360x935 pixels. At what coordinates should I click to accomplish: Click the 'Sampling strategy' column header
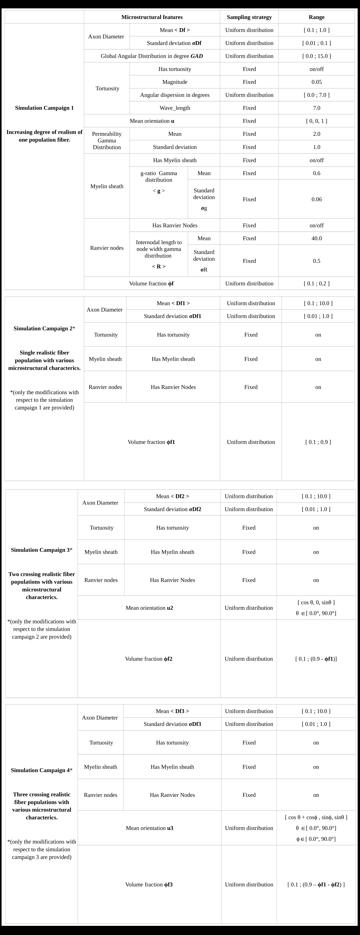point(249,17)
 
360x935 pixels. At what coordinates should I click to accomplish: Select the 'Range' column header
point(317,17)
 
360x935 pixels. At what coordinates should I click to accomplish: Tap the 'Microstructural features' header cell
point(152,17)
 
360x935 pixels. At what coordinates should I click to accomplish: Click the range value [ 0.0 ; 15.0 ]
point(317,56)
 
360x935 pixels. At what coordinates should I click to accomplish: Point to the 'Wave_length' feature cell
point(175,108)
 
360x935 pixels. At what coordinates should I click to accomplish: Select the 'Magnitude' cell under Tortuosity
point(175,82)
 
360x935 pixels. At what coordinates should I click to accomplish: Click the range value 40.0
point(317,238)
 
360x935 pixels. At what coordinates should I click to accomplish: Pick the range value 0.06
point(317,199)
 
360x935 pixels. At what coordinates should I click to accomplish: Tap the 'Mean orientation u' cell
point(152,121)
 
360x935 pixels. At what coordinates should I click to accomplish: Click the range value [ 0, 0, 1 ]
point(317,121)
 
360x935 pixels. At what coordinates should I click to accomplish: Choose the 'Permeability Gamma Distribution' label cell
point(107,141)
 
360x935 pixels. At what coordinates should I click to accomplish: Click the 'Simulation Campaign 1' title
point(44,108)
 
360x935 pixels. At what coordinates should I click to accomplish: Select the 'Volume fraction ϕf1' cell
point(152,442)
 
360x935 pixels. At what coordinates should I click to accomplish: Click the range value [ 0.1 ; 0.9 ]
point(318,442)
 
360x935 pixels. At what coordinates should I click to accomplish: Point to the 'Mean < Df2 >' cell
point(173,496)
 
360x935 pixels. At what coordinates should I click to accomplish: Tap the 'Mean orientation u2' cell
point(149,608)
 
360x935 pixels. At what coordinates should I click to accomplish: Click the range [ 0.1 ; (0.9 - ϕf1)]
point(316,658)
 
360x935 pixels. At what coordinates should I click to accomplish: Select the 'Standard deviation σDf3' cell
point(172,724)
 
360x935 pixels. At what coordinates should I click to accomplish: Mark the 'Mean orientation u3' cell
point(149,828)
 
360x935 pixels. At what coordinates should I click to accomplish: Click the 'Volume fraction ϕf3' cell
point(149,884)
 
